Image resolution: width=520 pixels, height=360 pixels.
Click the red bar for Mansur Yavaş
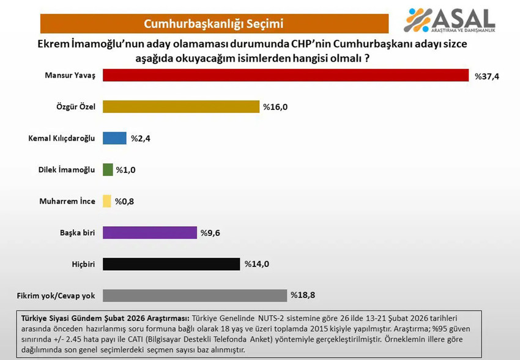coord(286,75)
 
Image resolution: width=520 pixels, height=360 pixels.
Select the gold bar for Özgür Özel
coord(181,106)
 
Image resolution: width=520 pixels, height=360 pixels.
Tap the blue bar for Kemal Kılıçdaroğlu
coord(114,138)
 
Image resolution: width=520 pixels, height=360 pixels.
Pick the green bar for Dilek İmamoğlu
coord(108,169)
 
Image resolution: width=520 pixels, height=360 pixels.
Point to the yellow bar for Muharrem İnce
coord(107,201)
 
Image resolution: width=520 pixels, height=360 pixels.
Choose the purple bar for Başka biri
coord(150,232)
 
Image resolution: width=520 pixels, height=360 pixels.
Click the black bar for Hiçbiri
coord(171,264)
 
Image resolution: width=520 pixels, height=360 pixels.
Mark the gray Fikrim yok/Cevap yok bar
coord(195,295)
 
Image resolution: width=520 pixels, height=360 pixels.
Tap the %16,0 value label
coord(275,107)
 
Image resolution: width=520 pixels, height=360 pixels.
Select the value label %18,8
coord(303,296)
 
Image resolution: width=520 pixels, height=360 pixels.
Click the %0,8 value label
coord(125,202)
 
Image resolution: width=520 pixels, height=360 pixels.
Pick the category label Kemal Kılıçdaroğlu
coord(62,138)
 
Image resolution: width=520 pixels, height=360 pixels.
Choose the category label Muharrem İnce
coord(67,201)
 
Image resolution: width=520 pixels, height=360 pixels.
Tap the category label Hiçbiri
coord(82,264)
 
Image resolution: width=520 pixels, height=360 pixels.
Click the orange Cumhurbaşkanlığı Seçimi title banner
coord(214,24)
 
